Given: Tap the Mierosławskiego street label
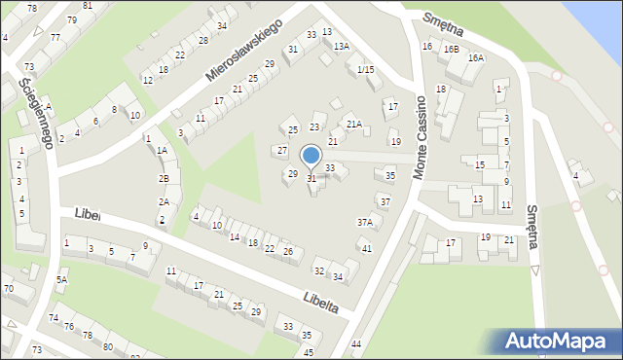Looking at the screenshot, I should point(242,49).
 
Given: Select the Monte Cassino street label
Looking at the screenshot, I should point(421,137).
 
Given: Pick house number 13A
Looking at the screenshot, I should point(341,46).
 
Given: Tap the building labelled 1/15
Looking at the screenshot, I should point(365,69).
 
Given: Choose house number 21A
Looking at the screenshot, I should point(354,124).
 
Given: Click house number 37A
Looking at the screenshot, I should point(364,222).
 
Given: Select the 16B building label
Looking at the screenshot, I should point(450,49).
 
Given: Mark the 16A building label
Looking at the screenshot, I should point(475,58).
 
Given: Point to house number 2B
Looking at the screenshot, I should point(165,178).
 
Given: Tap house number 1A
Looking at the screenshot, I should point(163,151).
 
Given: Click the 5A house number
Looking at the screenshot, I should point(61,280).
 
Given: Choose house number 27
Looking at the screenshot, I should point(282,151).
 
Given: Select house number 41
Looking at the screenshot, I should point(367,249).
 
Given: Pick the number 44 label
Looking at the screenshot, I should point(356,344).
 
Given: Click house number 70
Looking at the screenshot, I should point(8,288).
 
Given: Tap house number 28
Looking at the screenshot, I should point(202,40).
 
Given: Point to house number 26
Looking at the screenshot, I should point(287,252).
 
